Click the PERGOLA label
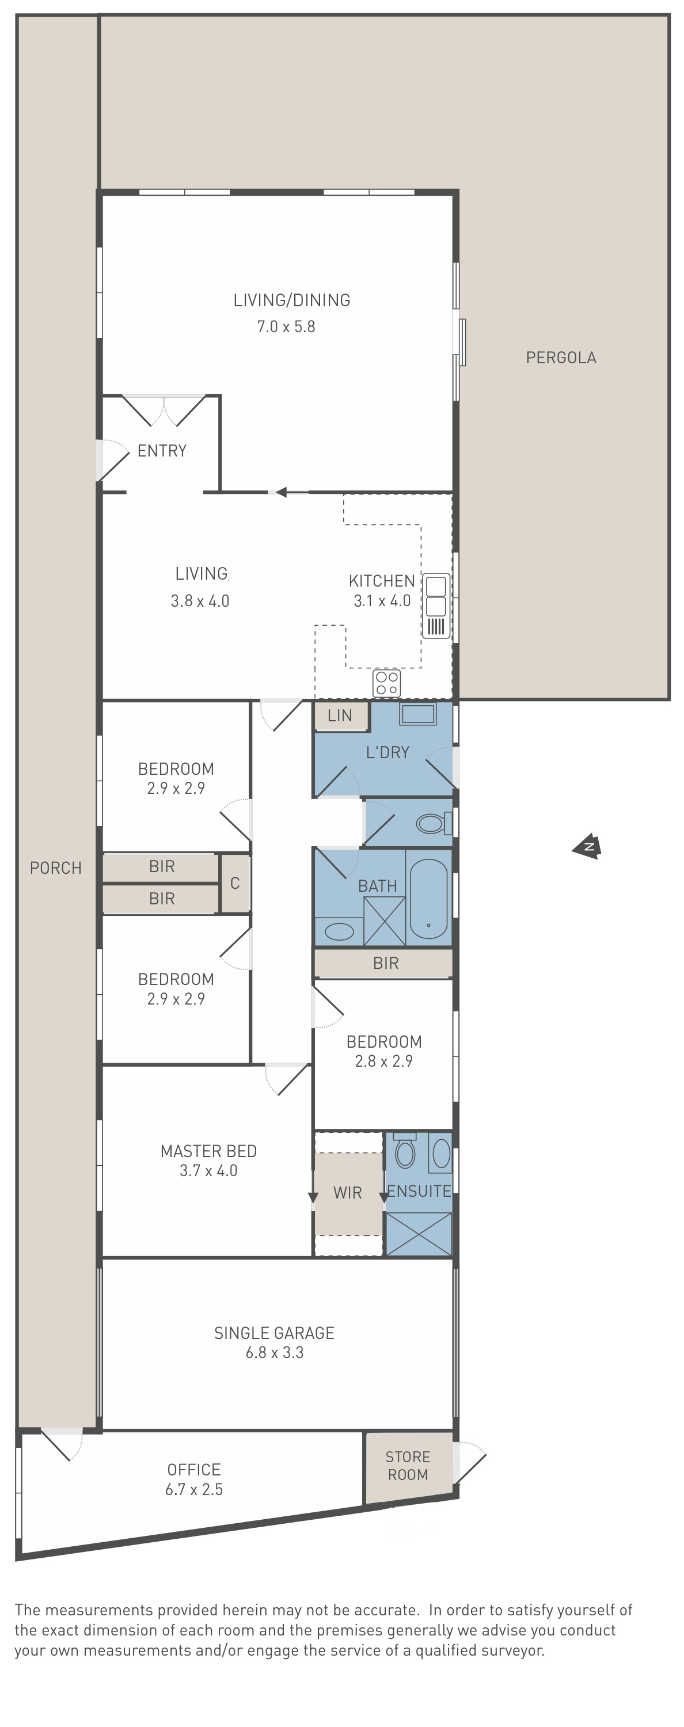[x=561, y=357]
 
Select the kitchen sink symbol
[x=436, y=606]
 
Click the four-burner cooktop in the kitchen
[x=387, y=683]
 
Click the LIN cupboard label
[x=340, y=716]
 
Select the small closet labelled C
[x=235, y=883]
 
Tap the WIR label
[x=347, y=1193]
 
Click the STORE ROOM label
[x=408, y=1466]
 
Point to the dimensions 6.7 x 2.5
[x=194, y=1489]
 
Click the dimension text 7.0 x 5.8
[x=286, y=326]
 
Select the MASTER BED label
[x=208, y=1151]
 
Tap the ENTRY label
[x=162, y=451]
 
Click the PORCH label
[x=56, y=868]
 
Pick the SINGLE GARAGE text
[x=274, y=1333]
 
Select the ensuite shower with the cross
[x=419, y=1234]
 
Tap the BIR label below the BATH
[x=386, y=964]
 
